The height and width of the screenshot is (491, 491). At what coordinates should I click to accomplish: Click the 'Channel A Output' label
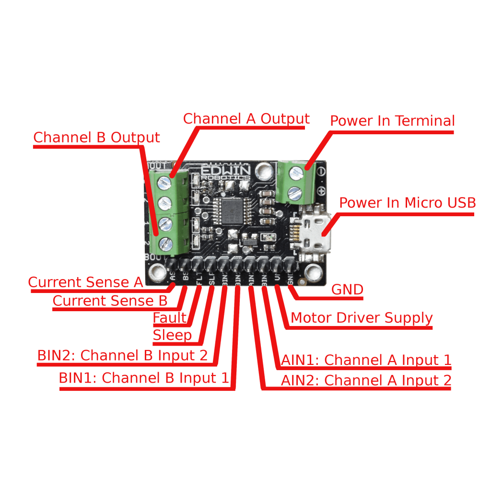246,119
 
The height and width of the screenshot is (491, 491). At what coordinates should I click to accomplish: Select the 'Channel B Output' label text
96,138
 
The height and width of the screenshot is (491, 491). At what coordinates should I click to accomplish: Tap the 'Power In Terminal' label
392,121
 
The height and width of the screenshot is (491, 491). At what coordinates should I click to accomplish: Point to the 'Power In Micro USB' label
407,203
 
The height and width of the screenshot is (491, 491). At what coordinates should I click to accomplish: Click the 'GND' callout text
347,290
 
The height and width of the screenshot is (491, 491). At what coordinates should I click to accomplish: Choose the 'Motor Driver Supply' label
362,318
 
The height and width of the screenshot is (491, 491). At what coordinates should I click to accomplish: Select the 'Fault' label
169,318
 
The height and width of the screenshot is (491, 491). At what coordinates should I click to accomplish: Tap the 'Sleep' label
172,335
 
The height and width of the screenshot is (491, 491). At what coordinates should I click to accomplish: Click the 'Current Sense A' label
85,282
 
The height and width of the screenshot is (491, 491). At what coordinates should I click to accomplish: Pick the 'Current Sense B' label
110,301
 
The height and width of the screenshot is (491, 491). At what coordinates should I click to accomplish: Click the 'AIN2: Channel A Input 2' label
366,381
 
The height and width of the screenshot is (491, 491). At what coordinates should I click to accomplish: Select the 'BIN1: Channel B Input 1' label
144,378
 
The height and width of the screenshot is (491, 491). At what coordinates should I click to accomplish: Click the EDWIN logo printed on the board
225,171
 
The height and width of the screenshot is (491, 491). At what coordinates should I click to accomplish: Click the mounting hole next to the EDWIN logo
263,169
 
